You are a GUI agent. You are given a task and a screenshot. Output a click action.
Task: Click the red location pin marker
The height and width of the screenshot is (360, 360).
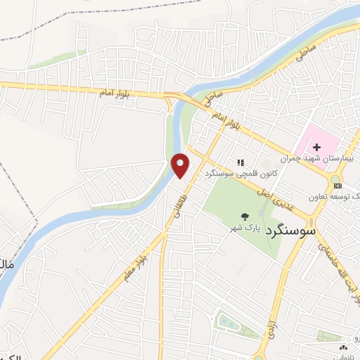click(x=181, y=165)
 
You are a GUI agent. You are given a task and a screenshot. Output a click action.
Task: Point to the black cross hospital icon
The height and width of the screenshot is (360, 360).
click(x=316, y=146)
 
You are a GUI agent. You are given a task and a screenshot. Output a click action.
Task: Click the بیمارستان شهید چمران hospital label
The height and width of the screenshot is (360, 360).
click(x=320, y=159)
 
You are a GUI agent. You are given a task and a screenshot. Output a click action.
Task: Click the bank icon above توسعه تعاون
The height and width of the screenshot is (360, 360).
click(x=338, y=185)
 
